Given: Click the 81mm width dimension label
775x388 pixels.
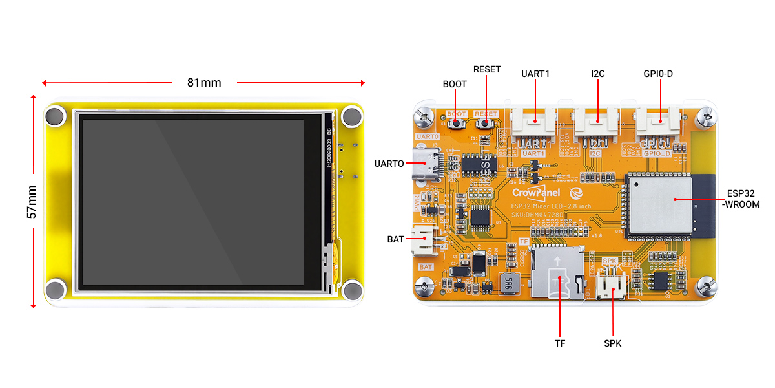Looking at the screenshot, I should [x=204, y=83].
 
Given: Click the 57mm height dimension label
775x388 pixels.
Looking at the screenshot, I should [x=32, y=201].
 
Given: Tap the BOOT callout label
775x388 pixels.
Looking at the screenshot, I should [x=455, y=84].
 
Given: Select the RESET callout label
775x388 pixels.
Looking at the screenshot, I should [x=487, y=69].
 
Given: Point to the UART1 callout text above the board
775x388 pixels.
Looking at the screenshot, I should [x=535, y=74].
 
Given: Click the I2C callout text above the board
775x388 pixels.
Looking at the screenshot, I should [x=597, y=74].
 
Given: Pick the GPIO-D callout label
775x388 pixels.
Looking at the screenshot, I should [x=658, y=74].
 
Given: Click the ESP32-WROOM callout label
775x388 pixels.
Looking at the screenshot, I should [x=743, y=199].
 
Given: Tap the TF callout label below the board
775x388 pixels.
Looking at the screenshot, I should [x=559, y=343].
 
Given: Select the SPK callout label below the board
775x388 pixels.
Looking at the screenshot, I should [x=612, y=343].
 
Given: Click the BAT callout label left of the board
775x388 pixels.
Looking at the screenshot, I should [x=395, y=239].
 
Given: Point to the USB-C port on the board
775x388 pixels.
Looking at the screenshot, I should [x=428, y=163].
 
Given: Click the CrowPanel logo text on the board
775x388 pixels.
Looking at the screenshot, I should [x=536, y=192].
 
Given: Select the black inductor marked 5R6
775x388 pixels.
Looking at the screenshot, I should [x=508, y=282].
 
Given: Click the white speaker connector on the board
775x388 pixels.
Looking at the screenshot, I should [x=610, y=285].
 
